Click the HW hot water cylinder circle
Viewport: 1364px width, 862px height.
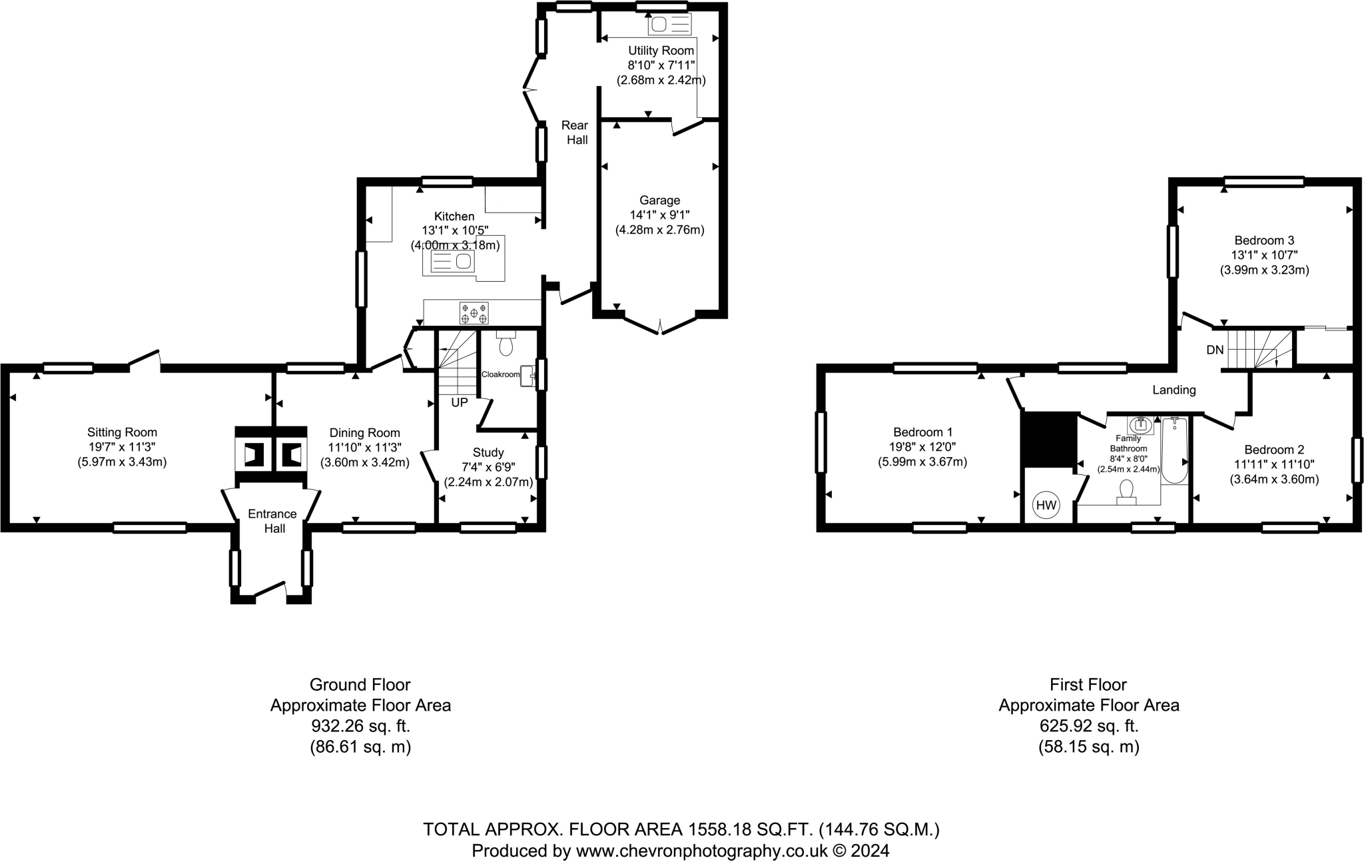[1046, 506]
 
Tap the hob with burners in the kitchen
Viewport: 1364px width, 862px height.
[474, 312]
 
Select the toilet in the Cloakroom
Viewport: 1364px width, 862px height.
[506, 345]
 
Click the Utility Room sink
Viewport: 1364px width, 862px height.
[669, 25]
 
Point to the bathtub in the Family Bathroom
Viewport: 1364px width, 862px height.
[1174, 452]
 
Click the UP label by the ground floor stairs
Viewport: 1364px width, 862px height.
[460, 402]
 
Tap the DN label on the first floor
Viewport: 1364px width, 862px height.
[1215, 349]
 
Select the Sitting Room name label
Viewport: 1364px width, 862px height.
[122, 432]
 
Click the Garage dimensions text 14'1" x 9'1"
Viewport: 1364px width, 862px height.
[659, 215]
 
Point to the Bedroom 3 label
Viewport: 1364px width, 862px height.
[1264, 240]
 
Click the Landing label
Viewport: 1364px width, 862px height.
[1174, 390]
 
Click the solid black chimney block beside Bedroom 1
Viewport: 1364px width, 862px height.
[1049, 440]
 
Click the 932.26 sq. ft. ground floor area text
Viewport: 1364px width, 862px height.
[360, 725]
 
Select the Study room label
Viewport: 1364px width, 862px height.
[488, 452]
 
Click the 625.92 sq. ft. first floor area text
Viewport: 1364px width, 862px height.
[1088, 725]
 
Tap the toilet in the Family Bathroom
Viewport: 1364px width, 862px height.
[1126, 491]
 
